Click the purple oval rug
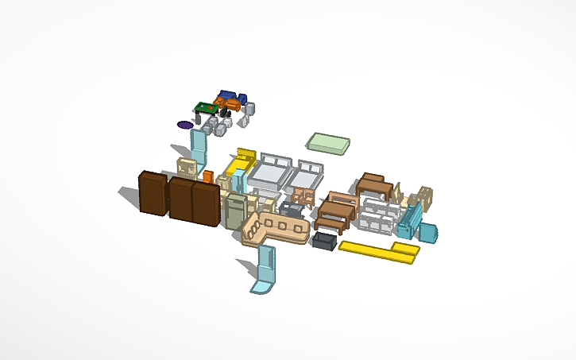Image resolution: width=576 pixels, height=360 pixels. tap(185, 125)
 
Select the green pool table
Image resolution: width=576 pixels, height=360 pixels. tap(206, 109)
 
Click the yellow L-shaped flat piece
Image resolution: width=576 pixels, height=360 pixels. tap(380, 250)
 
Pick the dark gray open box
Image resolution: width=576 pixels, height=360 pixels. tap(325, 240)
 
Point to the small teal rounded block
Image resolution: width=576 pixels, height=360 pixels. tap(429, 233)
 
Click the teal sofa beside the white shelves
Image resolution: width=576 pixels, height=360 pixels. tap(411, 220)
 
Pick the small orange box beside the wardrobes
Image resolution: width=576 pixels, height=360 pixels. tap(208, 176)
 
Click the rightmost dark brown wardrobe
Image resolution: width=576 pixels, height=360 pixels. tap(205, 203)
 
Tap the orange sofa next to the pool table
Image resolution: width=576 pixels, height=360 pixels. tap(226, 103)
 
